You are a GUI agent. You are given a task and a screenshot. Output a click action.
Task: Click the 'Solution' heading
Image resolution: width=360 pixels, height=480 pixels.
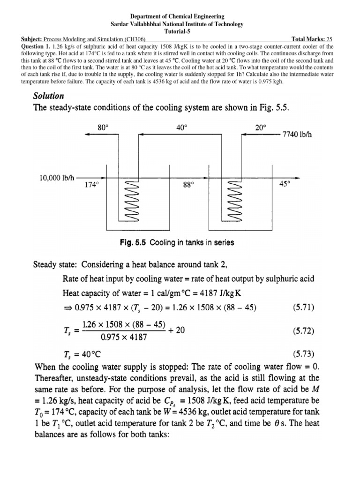(49, 96)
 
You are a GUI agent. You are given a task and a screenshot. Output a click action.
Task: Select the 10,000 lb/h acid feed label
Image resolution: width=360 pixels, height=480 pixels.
(54, 178)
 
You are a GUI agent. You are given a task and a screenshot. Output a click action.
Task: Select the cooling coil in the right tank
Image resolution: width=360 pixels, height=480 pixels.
(234, 201)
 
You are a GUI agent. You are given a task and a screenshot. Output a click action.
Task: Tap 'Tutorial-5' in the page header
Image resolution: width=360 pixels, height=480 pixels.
(180, 31)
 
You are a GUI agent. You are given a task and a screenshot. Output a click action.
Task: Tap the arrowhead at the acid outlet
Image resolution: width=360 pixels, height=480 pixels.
(297, 178)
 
